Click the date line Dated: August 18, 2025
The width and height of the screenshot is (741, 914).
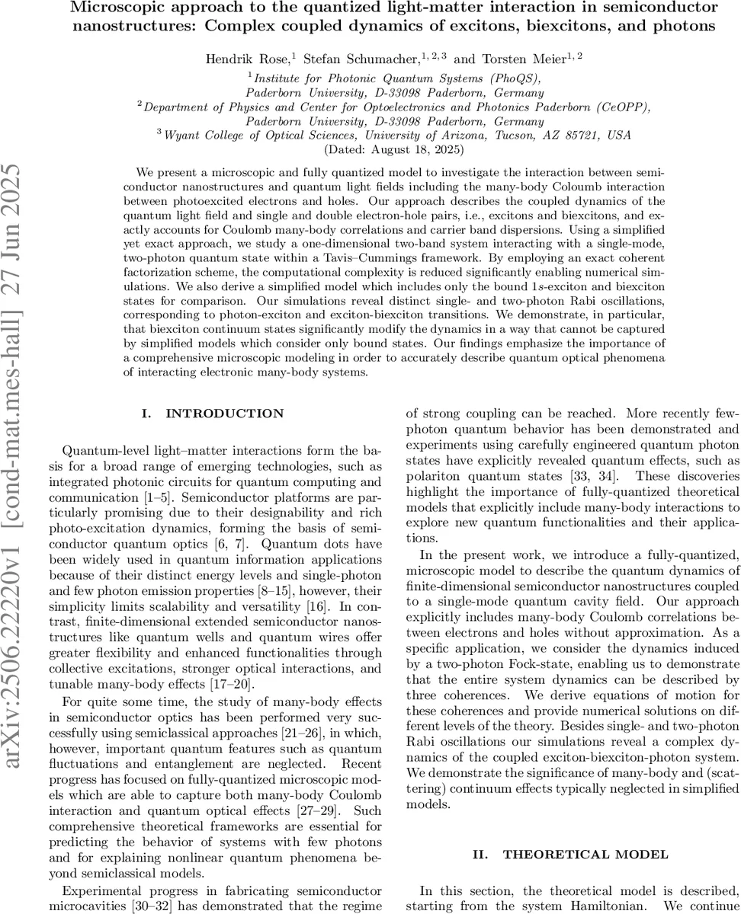coord(394,149)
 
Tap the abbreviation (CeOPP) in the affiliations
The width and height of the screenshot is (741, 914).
coord(621,107)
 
